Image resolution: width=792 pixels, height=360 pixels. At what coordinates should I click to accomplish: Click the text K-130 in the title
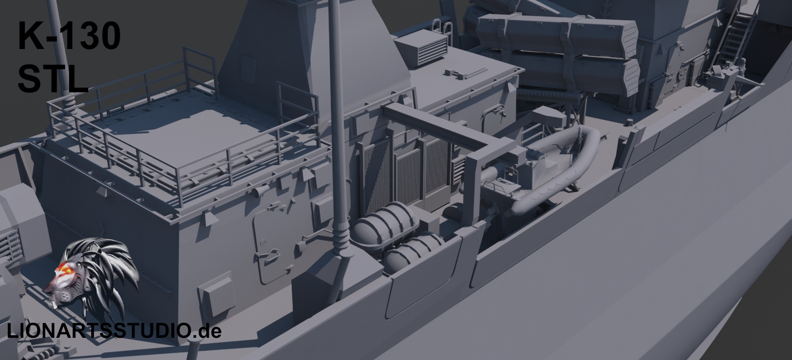click(69, 36)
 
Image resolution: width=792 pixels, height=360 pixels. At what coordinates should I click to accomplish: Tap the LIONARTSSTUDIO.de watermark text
click(114, 331)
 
